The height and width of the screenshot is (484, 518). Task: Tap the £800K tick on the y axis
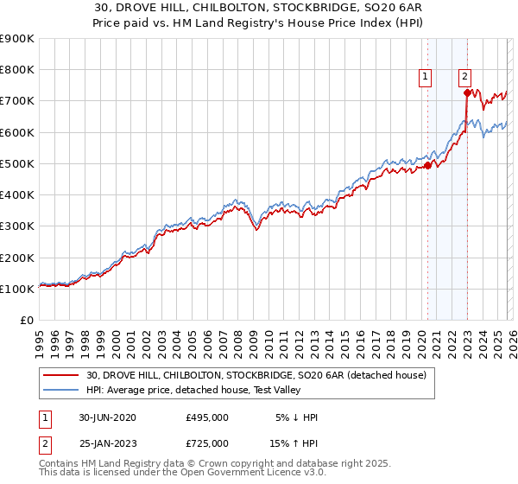tap(17, 70)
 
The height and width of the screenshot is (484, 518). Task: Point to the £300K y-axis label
tap(17, 226)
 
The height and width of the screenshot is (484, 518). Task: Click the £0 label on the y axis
tap(28, 321)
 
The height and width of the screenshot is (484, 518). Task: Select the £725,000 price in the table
tap(207, 443)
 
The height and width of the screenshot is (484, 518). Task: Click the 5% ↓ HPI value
tap(297, 417)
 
